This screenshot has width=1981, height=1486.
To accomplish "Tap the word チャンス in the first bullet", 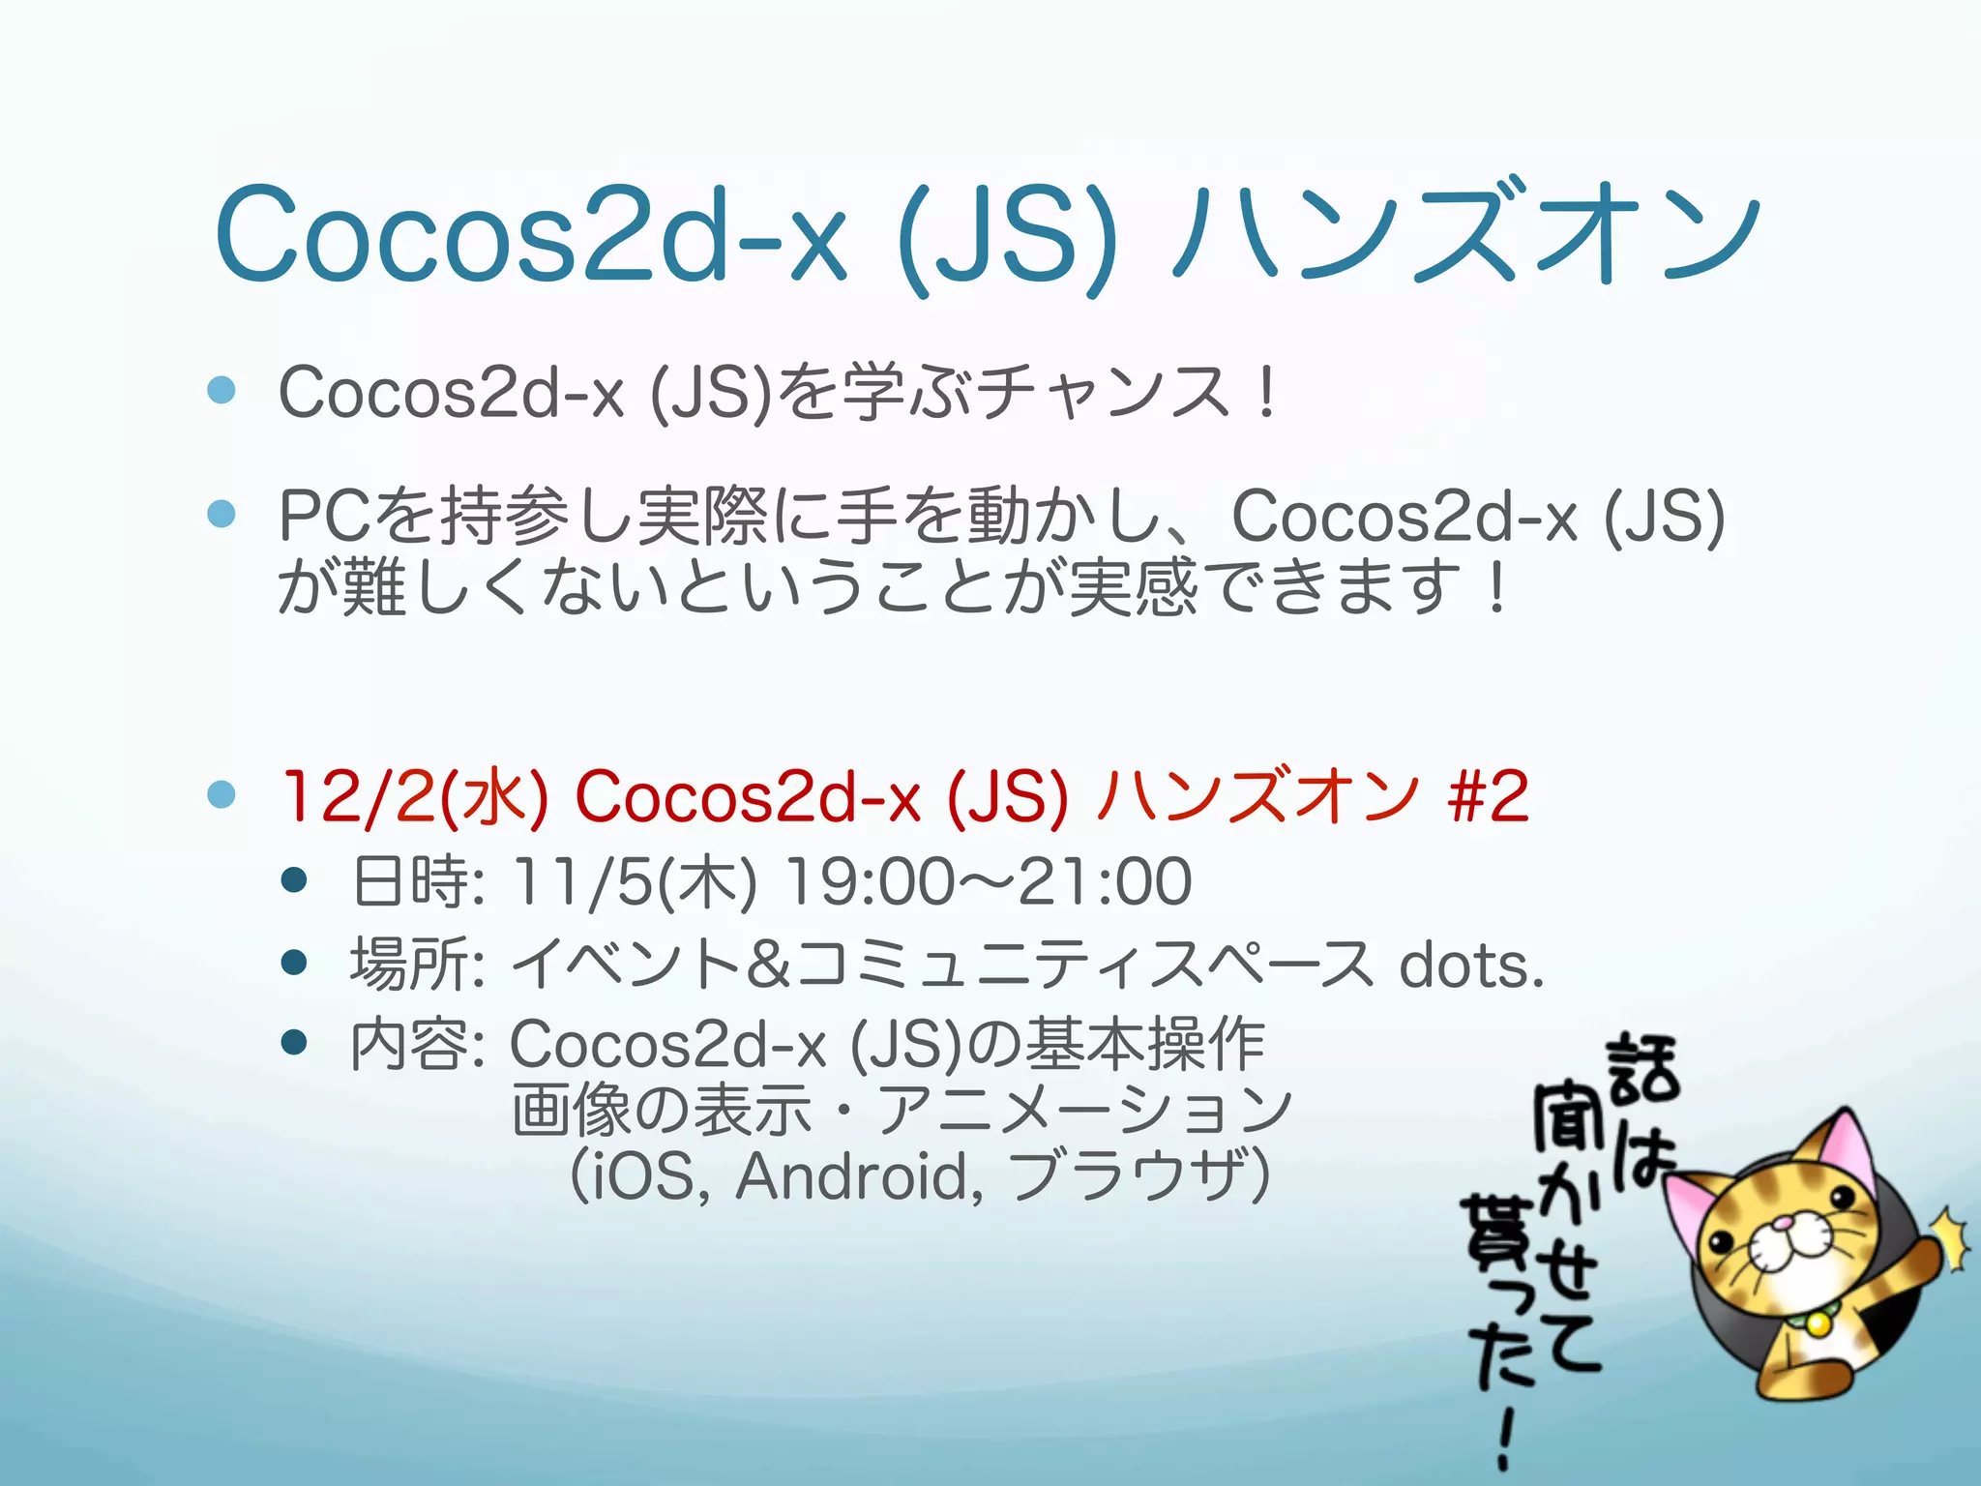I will point(1103,393).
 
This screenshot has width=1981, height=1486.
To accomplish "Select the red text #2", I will point(1489,796).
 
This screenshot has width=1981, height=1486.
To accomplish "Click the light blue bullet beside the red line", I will point(222,795).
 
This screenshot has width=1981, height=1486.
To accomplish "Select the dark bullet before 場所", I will point(294,964).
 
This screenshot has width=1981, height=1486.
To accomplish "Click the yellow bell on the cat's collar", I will point(1818,1323).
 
